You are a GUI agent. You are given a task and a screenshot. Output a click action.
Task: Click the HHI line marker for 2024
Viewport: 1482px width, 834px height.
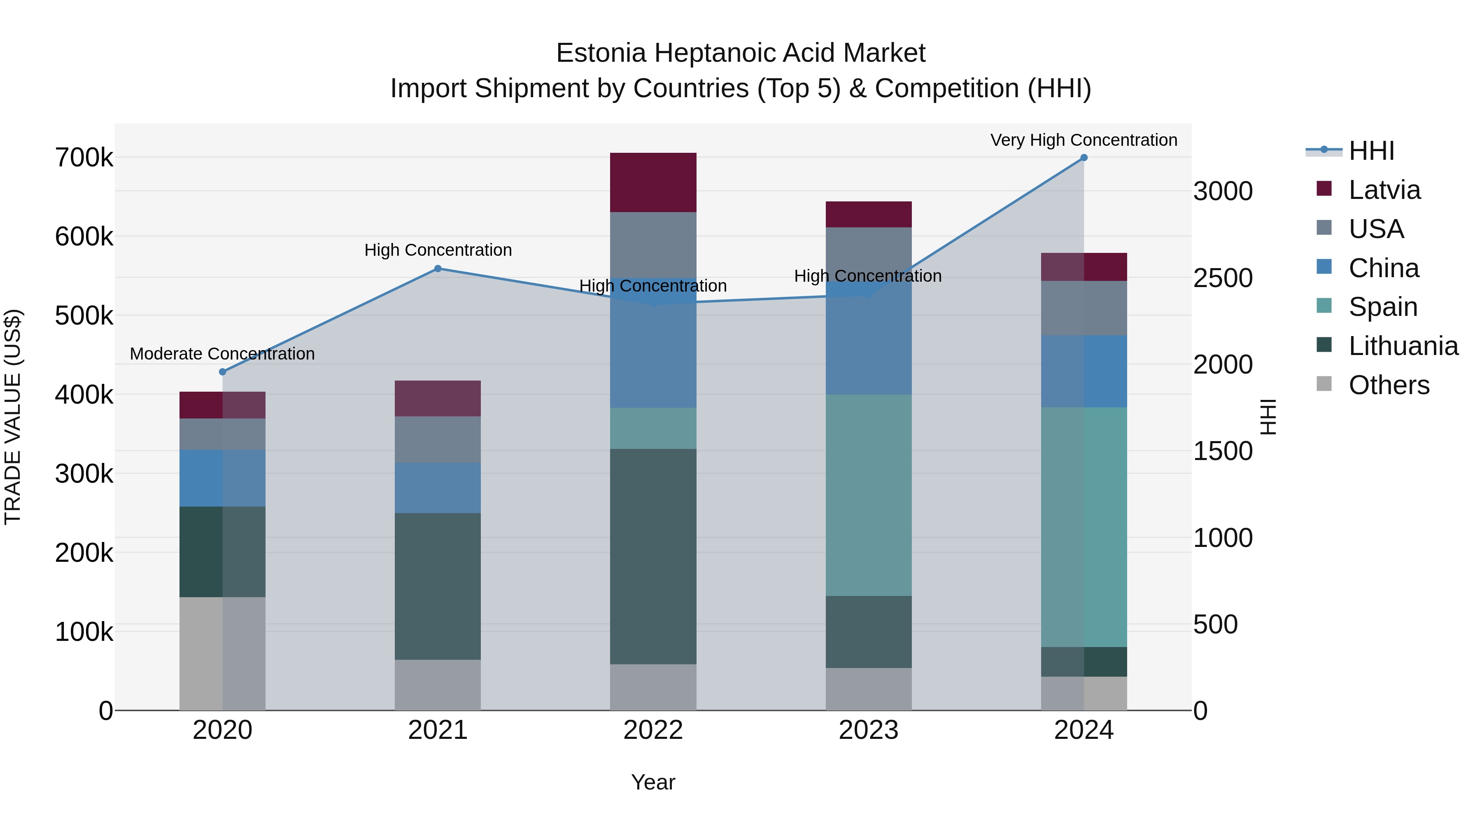[1084, 158]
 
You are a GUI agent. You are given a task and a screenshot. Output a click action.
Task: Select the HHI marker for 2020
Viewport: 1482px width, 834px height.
[223, 372]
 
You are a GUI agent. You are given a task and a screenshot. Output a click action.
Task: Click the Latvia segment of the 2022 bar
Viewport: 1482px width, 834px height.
[653, 182]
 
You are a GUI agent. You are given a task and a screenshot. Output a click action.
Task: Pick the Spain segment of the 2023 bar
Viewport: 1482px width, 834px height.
[868, 495]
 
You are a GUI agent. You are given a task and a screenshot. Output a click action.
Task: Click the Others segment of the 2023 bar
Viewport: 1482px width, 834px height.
[868, 689]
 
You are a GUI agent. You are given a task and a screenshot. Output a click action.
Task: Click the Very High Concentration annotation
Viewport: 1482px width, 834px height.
[1084, 140]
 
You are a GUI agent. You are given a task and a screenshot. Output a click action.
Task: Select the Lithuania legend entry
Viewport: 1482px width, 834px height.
[1403, 346]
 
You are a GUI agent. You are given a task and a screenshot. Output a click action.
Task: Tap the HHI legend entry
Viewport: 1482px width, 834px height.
[1371, 151]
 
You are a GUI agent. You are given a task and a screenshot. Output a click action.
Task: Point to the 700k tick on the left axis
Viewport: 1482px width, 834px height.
[84, 158]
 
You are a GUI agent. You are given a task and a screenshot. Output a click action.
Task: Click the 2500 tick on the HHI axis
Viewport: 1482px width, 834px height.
[1223, 278]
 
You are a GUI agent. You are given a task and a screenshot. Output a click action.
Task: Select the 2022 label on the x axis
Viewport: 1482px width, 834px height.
[653, 730]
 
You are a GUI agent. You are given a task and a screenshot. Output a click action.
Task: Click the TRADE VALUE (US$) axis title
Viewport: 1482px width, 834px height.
[13, 417]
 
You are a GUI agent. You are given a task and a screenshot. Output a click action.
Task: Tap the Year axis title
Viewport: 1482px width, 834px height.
[653, 782]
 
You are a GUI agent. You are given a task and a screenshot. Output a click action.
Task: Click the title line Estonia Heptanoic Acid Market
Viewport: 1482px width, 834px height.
[741, 53]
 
